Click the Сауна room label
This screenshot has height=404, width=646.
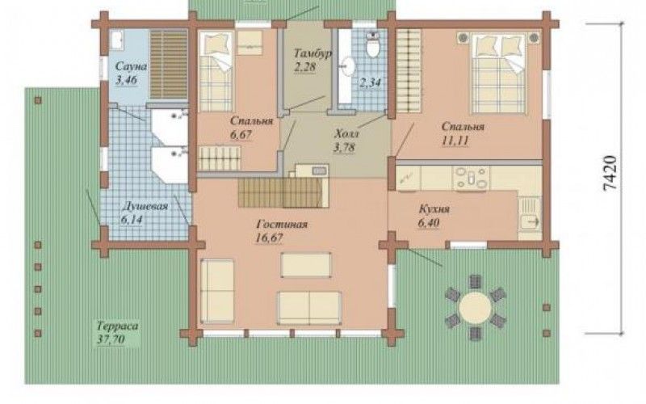131,66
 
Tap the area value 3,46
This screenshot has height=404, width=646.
126,80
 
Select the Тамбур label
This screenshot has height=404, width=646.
313,53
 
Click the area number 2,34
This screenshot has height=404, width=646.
370,82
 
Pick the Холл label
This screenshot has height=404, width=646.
347,133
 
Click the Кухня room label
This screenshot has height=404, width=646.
434,209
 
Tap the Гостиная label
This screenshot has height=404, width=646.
282,225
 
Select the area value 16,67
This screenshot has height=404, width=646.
270,238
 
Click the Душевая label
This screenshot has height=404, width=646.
145,206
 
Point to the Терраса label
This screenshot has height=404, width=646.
118,326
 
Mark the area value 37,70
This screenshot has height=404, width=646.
111,339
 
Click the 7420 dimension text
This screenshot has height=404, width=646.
610,172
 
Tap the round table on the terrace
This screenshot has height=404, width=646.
475,307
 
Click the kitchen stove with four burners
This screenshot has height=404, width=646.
472,178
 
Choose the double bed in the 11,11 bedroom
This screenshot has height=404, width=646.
499,73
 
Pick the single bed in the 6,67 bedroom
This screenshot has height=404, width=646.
216,71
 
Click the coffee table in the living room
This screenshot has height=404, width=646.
306,265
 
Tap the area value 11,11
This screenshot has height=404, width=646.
455,140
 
